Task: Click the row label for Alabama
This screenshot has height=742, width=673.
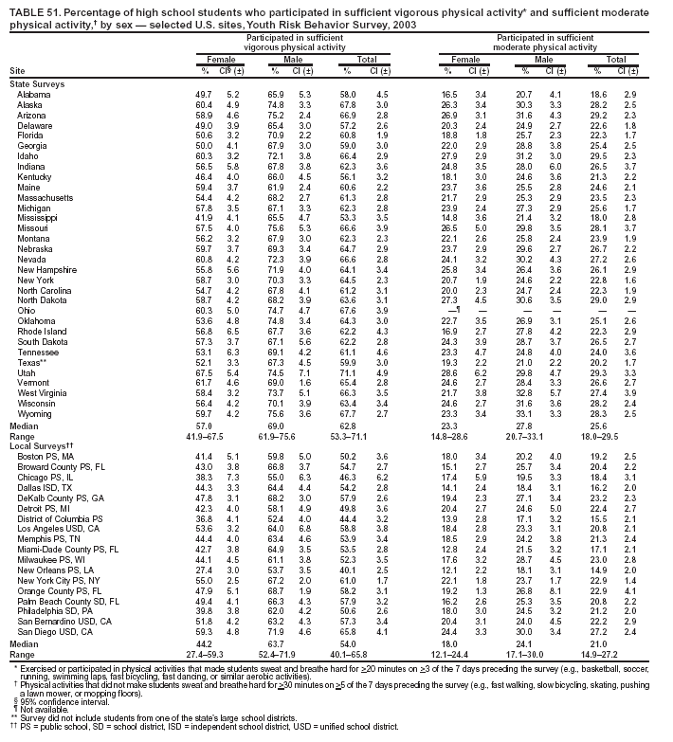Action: pyautogui.click(x=34, y=96)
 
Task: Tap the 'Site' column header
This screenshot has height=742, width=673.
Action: pyautogui.click(x=16, y=71)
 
